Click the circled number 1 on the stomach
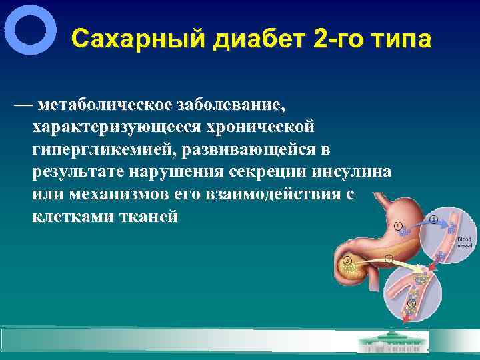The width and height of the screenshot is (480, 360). [397, 225]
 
